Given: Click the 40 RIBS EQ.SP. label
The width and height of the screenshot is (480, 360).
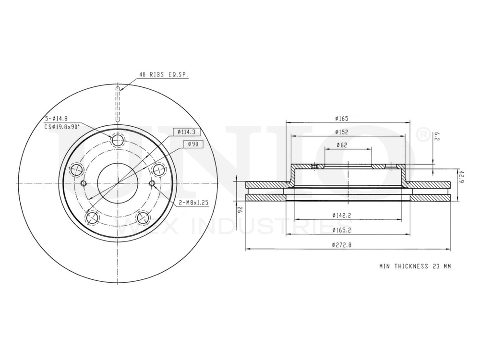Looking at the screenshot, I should click(x=163, y=75).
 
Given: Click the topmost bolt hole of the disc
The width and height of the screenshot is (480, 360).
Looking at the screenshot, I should click(x=118, y=140).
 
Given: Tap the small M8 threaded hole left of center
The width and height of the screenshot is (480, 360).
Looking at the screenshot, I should click(x=84, y=183).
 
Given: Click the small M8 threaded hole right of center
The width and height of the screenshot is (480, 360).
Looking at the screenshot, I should click(x=152, y=183).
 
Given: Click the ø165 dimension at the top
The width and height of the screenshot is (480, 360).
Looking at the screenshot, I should click(x=342, y=118).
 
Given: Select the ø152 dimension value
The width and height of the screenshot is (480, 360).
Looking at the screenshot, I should click(x=342, y=132).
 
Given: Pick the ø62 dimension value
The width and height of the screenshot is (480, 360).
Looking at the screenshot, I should click(x=342, y=145).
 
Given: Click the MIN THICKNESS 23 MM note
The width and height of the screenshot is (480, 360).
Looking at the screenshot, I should click(x=415, y=265).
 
